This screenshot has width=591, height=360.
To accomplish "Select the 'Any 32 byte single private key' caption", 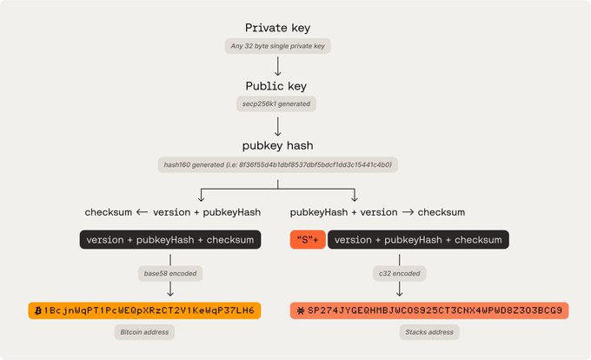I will coord(277,47).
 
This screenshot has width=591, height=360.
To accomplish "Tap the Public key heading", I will coord(277,87).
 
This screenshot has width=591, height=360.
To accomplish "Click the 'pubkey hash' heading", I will coord(277,145).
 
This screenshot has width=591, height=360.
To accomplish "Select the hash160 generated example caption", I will coord(277,164).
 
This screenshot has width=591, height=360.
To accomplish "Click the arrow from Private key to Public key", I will coord(277,67).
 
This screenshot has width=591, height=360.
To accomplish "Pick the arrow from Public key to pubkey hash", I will coord(277,125).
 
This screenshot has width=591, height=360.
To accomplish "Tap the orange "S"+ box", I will coord(307,241).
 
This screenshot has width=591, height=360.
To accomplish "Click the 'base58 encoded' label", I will coord(170,273).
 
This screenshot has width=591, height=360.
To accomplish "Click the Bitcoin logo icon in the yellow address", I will coord(37,310).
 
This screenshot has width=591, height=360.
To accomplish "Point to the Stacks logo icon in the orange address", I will coord(299,310).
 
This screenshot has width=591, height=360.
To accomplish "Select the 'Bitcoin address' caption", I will coord(145,331).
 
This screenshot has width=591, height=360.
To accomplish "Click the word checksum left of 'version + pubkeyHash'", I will coord(109,212).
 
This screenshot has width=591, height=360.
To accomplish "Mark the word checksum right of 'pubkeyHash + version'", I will coord(441,212).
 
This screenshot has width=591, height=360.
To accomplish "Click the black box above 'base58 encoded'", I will coord(170,241).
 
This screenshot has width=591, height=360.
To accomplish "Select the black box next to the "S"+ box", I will coord(417,241).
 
